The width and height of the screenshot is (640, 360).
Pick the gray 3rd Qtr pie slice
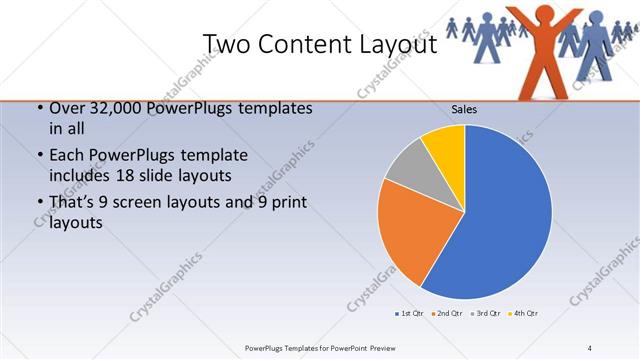[408, 170]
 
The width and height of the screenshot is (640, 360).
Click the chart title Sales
[464, 108]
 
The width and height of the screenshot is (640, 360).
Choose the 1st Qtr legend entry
[409, 314]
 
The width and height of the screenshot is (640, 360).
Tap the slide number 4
[589, 347]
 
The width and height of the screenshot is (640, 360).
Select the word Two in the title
[226, 44]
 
